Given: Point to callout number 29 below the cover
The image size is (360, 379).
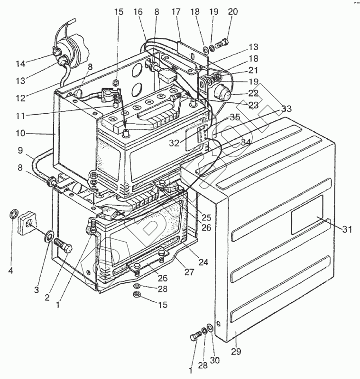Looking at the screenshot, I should click(x=236, y=351).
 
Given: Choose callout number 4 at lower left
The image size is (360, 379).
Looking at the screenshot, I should click(x=10, y=271).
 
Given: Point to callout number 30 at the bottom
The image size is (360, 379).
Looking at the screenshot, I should click(x=215, y=361).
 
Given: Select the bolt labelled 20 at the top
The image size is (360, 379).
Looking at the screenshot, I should click(x=221, y=45).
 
